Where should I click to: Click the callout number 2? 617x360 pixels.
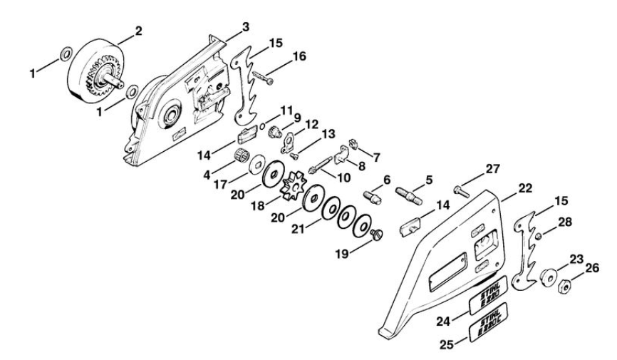click(x=140, y=31)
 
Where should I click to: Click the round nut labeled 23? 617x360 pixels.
click(x=549, y=275)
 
